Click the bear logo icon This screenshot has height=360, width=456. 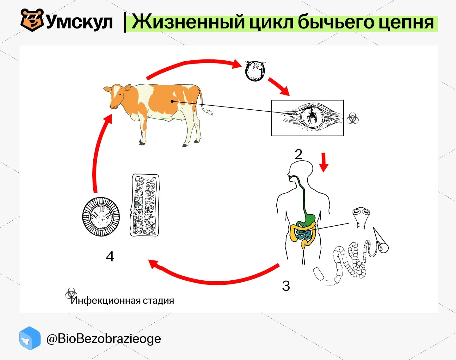pyautogui.click(x=32, y=20)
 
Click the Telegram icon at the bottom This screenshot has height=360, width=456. pyautogui.click(x=30, y=338)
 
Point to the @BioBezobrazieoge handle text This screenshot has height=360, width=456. pyautogui.click(x=104, y=339)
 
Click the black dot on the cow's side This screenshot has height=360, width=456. pyautogui.click(x=172, y=101)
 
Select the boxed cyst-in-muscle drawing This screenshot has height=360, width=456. pyautogui.click(x=307, y=118)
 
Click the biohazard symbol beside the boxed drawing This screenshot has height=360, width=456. pyautogui.click(x=353, y=118)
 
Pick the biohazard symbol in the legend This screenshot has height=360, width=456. pyautogui.click(x=71, y=293)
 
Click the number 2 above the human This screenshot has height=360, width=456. pyautogui.click(x=299, y=155)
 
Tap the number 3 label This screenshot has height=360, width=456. pyautogui.click(x=286, y=286)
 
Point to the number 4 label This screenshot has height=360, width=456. pyautogui.click(x=110, y=256)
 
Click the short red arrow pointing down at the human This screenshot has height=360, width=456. pyautogui.click(x=324, y=162)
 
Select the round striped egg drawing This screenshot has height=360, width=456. pyautogui.click(x=101, y=217)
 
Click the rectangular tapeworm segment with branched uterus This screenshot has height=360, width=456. pyautogui.click(x=145, y=205)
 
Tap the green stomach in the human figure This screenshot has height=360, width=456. pyautogui.click(x=310, y=220)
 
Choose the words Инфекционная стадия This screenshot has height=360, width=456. pyautogui.click(x=122, y=301)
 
